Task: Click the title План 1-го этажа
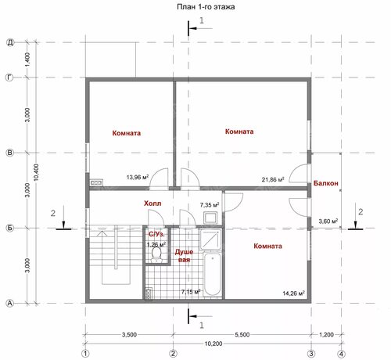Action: (206, 6)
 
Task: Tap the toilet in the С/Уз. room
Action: (156, 254)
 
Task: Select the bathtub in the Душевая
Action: (212, 274)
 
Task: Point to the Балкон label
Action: (326, 183)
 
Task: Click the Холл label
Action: (152, 203)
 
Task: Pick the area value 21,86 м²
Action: (273, 179)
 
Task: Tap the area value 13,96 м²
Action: (138, 177)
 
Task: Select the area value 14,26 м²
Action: (294, 293)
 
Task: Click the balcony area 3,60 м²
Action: (328, 221)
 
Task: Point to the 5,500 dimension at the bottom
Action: (242, 334)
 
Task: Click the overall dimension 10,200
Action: (213, 344)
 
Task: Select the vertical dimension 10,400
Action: (36, 172)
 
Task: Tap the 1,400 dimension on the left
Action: (27, 59)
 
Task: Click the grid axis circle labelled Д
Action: (10, 42)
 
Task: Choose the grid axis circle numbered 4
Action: (341, 354)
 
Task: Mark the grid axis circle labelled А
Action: (9, 304)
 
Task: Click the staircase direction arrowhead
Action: (102, 233)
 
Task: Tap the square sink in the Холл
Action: (210, 218)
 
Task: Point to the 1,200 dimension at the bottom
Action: (326, 334)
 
